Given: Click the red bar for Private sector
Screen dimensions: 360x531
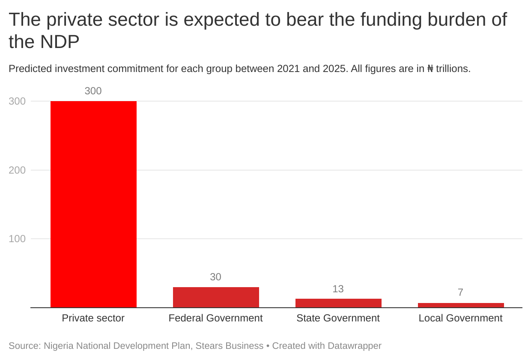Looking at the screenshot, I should click(x=93, y=204).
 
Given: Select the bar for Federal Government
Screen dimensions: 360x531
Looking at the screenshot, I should click(x=216, y=297).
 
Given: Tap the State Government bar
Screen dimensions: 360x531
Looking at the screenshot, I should click(x=338, y=303).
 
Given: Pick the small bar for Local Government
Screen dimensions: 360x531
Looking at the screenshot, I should click(x=461, y=305).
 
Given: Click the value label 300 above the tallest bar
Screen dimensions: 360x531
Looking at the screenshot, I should click(x=93, y=91).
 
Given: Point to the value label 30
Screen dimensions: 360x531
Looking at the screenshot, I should click(x=215, y=277).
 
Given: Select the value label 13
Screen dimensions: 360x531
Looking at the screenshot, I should click(x=338, y=289).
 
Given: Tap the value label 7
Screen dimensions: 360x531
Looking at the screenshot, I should click(x=460, y=292).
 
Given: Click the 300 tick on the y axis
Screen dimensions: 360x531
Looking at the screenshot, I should click(x=17, y=101).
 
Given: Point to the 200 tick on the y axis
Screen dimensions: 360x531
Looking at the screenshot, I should click(x=17, y=170).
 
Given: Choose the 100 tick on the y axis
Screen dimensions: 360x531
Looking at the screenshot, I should click(x=17, y=239).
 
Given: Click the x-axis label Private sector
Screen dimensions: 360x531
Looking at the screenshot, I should click(x=93, y=318).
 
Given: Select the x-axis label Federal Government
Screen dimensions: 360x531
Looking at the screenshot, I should click(x=215, y=318).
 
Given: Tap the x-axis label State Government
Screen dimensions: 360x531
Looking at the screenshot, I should click(x=338, y=318).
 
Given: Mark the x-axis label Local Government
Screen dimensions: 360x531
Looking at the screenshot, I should click(x=460, y=318).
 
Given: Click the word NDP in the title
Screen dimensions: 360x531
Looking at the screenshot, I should click(x=60, y=42).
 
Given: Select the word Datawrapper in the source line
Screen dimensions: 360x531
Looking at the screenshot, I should click(x=354, y=345).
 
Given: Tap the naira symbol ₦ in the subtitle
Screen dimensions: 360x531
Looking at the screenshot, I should click(x=430, y=69).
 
